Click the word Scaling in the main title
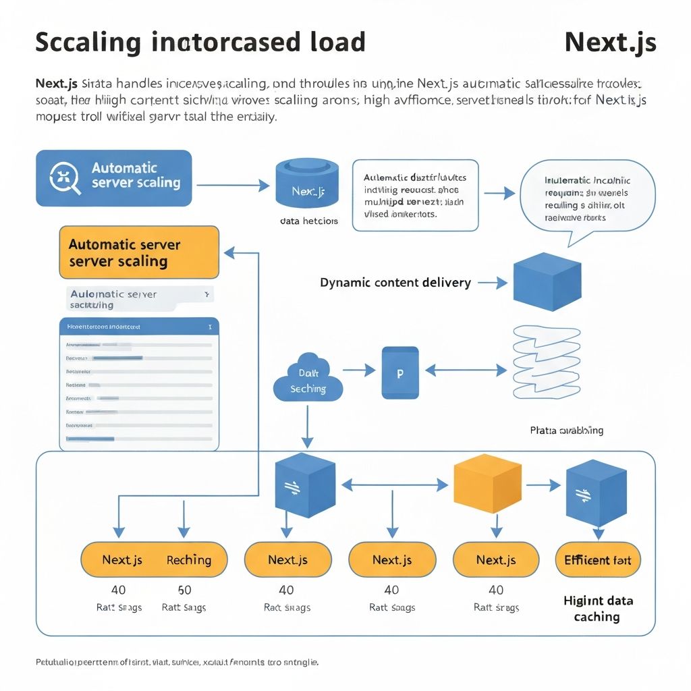[x=88, y=42]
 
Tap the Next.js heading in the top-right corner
[x=610, y=42]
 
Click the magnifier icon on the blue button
[x=65, y=178]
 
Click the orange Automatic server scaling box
[x=139, y=252]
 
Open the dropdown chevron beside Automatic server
[x=206, y=295]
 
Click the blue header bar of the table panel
[x=139, y=326]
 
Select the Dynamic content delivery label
[x=395, y=283]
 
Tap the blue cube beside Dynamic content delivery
[x=547, y=281]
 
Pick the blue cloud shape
[x=308, y=379]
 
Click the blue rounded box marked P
[x=399, y=372]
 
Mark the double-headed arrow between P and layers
[x=465, y=370]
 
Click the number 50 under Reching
[x=184, y=590]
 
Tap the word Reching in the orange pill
[x=188, y=559]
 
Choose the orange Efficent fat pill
[x=597, y=559]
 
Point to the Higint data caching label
[x=597, y=608]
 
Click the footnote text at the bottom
[x=177, y=662]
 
